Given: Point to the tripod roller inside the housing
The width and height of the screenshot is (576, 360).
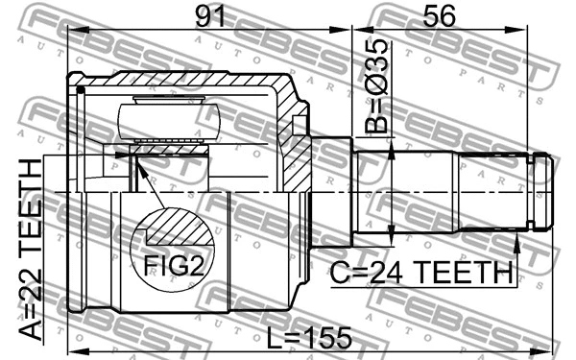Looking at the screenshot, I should click(169, 122).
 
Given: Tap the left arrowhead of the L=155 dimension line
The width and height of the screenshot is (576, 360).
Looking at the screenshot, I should click(74, 349).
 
